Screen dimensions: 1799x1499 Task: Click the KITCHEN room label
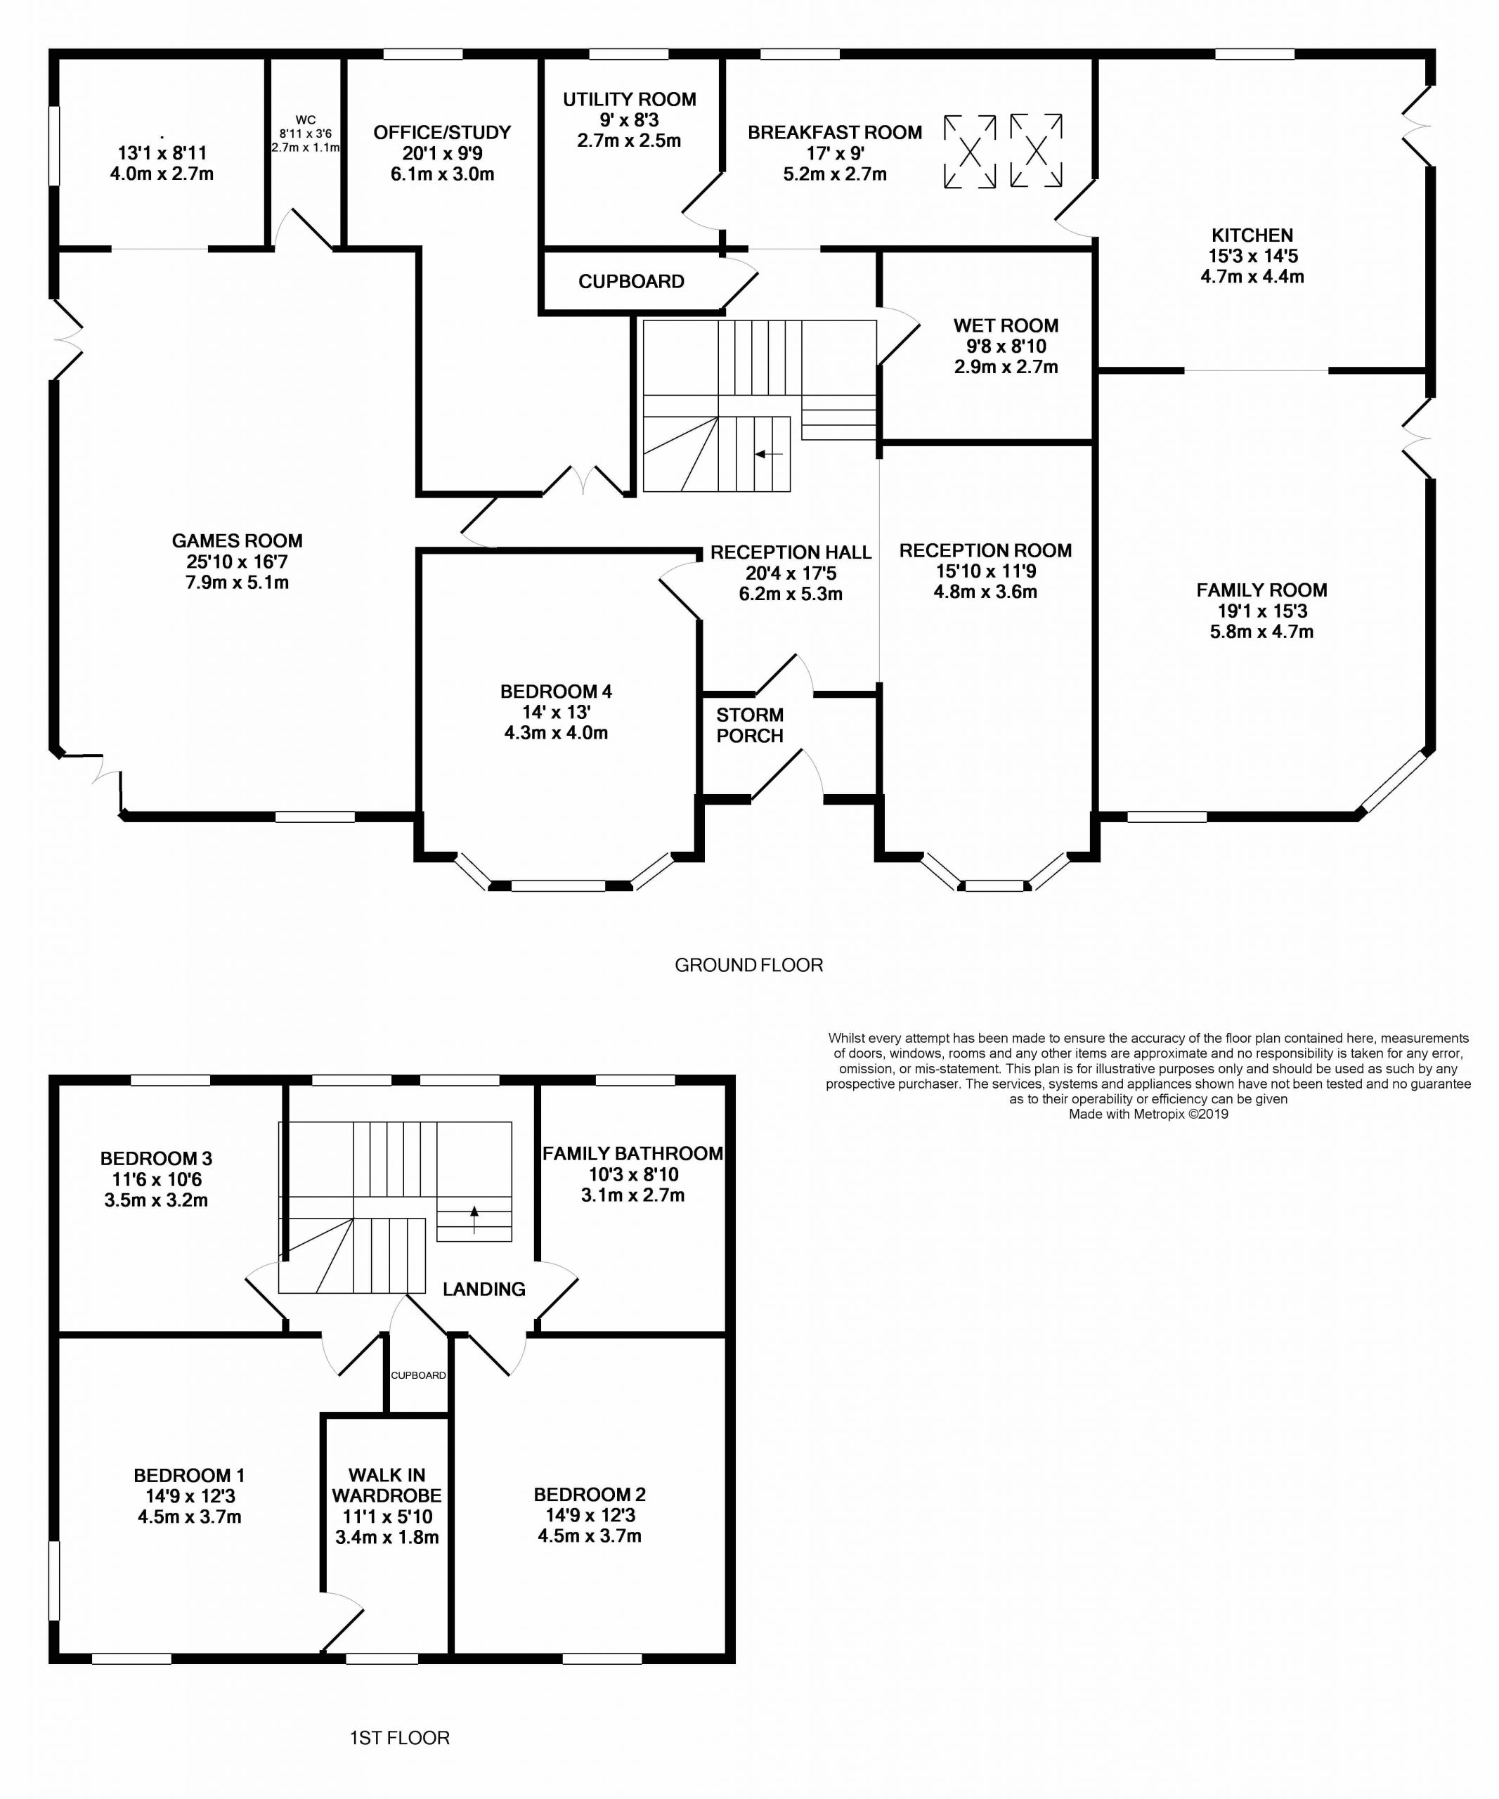(1252, 235)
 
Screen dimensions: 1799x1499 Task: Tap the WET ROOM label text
(1006, 325)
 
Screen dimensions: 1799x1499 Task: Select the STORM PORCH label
(749, 725)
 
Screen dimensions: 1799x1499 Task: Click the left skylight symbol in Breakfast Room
(970, 152)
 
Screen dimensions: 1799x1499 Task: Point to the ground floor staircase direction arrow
(768, 454)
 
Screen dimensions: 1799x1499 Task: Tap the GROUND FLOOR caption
(748, 965)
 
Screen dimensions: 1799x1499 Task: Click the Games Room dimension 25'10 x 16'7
(238, 562)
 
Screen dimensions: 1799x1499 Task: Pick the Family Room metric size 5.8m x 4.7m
(1261, 631)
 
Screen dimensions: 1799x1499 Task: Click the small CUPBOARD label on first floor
(418, 1375)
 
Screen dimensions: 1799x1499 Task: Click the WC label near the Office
(305, 120)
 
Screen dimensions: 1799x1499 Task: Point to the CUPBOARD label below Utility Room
(631, 282)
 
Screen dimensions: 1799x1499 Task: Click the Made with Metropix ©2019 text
(1148, 1114)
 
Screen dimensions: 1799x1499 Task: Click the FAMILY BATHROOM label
(632, 1153)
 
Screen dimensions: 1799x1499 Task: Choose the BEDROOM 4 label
(556, 691)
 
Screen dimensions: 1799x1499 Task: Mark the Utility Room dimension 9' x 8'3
(629, 120)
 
